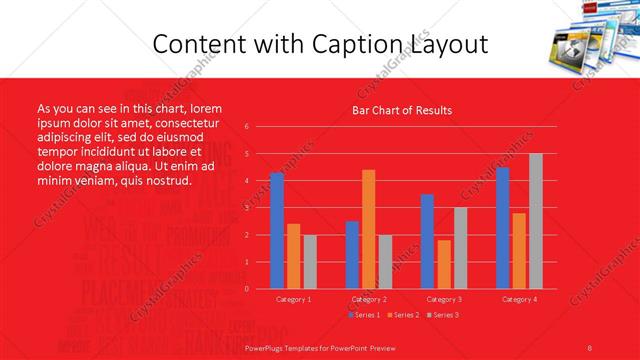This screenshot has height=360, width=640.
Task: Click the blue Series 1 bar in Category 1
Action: pos(277,231)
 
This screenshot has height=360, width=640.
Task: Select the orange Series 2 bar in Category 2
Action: pos(368,229)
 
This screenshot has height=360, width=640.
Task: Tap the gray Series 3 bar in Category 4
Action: pos(535,221)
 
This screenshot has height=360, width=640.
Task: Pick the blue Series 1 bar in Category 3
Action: pos(427,241)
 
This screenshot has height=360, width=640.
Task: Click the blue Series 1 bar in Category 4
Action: pos(502,228)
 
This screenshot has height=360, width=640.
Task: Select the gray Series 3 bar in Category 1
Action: pos(309,262)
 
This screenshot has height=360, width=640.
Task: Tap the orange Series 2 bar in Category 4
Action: pos(519,251)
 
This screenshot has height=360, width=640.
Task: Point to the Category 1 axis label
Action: pos(293,299)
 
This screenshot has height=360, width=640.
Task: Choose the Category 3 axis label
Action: pos(443,299)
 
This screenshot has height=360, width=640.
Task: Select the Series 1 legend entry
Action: pos(364,315)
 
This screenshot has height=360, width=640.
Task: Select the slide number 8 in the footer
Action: pos(589,347)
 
